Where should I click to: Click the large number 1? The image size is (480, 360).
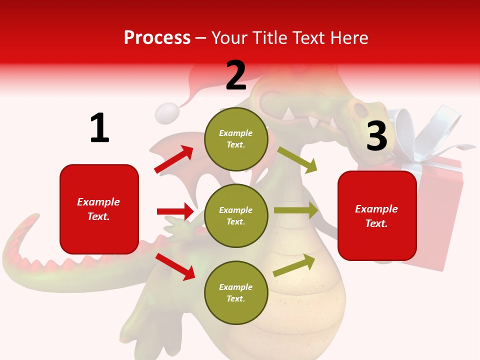(x=99, y=128)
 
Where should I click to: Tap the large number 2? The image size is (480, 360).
(x=236, y=75)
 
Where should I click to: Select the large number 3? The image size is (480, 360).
(x=377, y=136)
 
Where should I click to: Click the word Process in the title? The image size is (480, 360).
(x=157, y=37)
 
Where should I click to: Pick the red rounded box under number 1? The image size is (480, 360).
(x=99, y=209)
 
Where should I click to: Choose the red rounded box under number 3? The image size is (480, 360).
(x=377, y=216)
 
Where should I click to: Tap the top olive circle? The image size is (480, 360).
(x=236, y=139)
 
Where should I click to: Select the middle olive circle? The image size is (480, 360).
(x=236, y=216)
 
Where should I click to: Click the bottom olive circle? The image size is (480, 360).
(x=236, y=293)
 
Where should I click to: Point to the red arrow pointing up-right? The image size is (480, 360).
(x=174, y=159)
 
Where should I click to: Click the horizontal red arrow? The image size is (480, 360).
(x=175, y=211)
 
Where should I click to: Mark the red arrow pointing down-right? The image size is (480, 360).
(x=175, y=266)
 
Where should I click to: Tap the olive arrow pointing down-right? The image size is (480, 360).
(x=297, y=159)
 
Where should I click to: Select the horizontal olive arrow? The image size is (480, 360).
(x=296, y=210)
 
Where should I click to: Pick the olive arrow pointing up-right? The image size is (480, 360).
(x=294, y=265)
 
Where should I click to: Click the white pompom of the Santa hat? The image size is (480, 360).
(x=166, y=113)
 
